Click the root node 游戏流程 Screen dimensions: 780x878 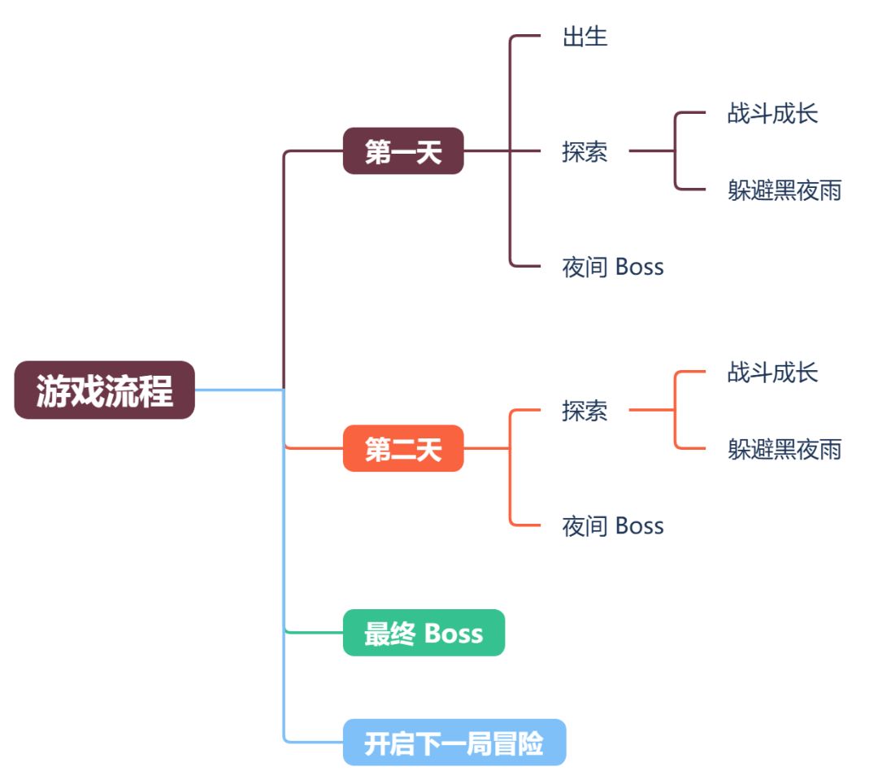(104, 390)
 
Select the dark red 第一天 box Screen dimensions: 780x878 (402, 151)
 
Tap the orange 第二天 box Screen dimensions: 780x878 (402, 448)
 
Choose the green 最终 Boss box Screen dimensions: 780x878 (424, 633)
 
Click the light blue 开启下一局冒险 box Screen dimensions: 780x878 (454, 743)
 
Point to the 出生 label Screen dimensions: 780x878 (585, 37)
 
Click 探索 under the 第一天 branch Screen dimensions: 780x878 (585, 152)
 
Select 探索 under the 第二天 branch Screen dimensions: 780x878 (585, 412)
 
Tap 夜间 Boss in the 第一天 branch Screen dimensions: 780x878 (613, 267)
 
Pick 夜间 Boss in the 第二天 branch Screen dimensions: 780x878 (613, 526)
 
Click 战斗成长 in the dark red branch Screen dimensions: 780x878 (772, 114)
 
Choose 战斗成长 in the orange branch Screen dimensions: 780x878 (772, 373)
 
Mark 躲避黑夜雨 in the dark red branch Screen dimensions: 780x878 (785, 190)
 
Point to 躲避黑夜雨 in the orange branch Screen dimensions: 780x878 (785, 449)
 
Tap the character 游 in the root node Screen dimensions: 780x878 (53, 391)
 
